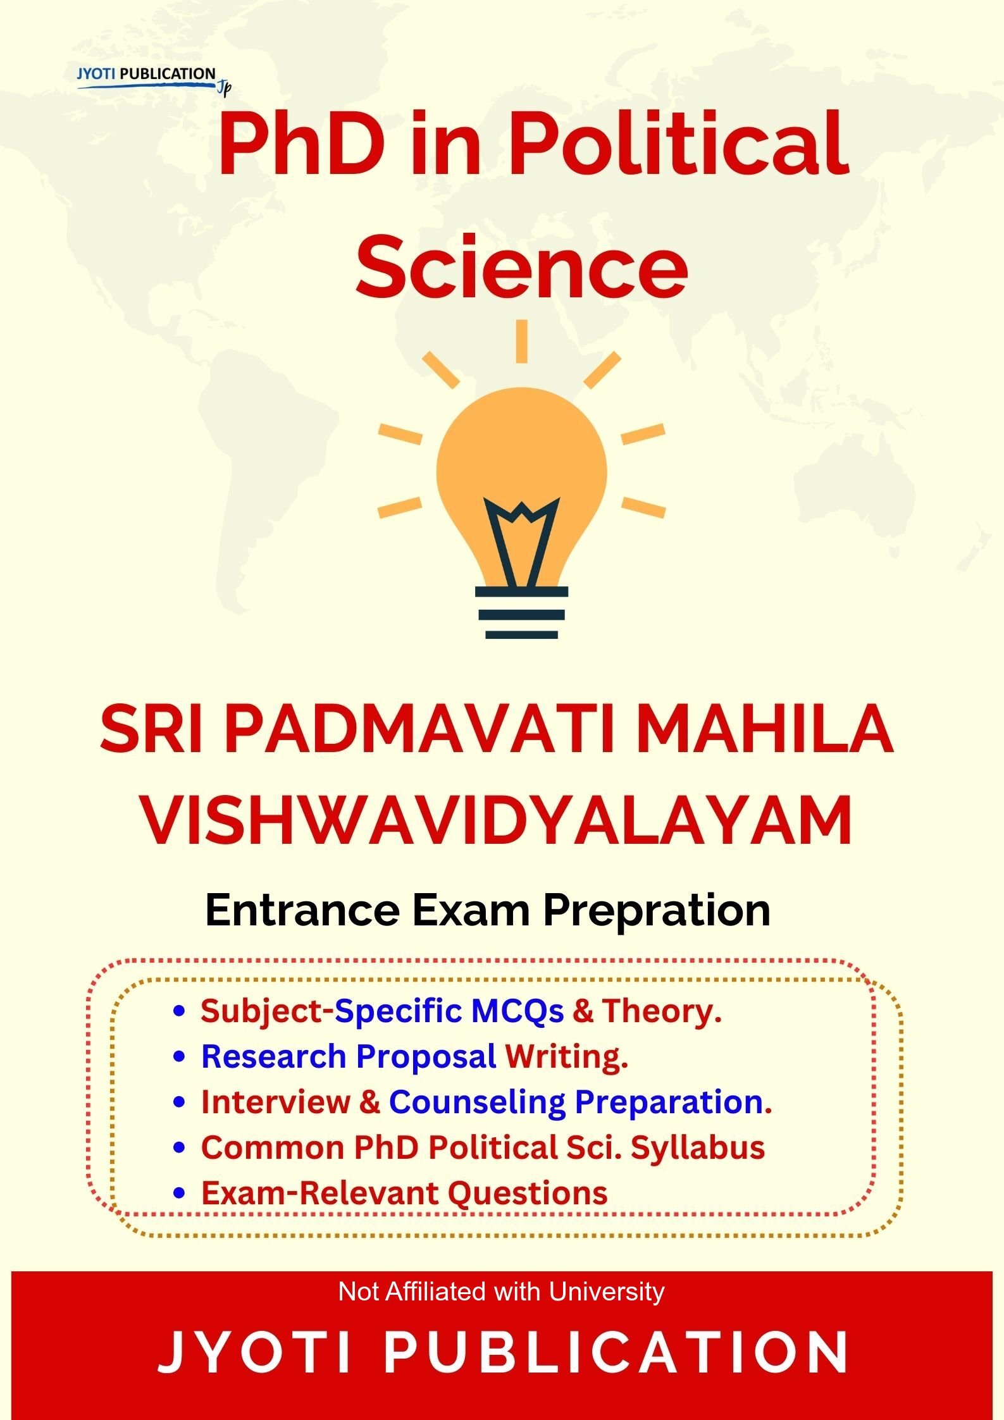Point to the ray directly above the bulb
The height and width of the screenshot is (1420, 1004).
click(521, 341)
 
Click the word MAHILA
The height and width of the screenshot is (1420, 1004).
click(766, 731)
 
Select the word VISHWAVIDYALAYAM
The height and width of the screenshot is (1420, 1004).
click(496, 822)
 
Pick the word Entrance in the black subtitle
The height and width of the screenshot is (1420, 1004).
click(302, 910)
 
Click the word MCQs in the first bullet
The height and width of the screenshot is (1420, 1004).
click(517, 1011)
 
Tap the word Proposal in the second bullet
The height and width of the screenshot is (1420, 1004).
click(426, 1056)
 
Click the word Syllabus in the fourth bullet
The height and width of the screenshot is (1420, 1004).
click(698, 1147)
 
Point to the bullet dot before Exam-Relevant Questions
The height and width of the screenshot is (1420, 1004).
click(179, 1193)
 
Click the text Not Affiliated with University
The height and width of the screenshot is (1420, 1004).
click(502, 1291)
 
